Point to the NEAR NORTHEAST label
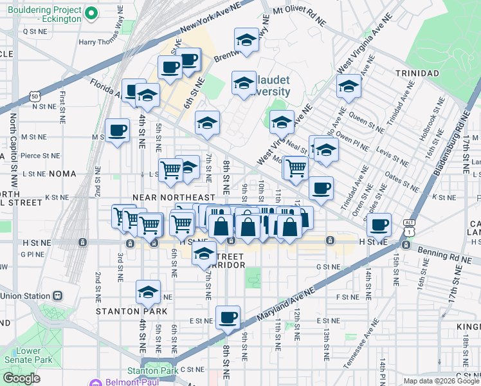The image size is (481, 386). pyautogui.click(x=172, y=197)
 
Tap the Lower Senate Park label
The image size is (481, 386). pyautogui.click(x=30, y=355)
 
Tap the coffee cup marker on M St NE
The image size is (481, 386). pyautogui.click(x=117, y=131)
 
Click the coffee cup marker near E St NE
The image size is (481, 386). pyautogui.click(x=228, y=317)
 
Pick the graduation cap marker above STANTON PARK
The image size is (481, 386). pyautogui.click(x=148, y=293)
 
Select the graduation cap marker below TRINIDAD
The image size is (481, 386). pyautogui.click(x=349, y=86)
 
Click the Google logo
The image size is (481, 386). pyautogui.click(x=22, y=378)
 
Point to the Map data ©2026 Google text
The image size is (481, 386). pyautogui.click(x=440, y=381)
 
